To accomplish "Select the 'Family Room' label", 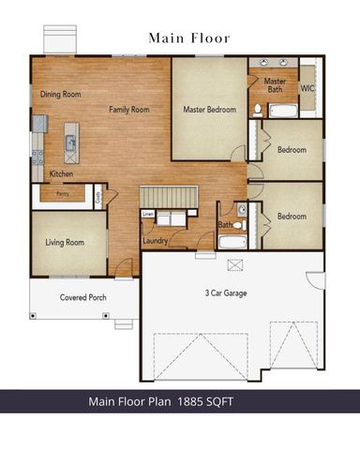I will tap(129, 110).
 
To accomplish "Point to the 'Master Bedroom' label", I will tap(208, 110).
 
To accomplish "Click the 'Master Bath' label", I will tap(275, 85).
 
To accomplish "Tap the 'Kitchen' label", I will tap(61, 173).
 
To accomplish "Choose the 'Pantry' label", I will tap(61, 194).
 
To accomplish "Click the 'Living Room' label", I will tap(65, 242).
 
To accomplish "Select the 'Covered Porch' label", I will tap(83, 297).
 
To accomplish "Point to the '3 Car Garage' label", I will tap(226, 293).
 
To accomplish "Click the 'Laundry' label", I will tap(155, 241).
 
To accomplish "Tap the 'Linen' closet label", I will tap(148, 215).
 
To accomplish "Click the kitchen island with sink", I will tap(69, 145).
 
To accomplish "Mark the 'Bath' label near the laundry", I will tap(225, 225).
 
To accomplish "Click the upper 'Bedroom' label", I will tap(292, 149).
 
